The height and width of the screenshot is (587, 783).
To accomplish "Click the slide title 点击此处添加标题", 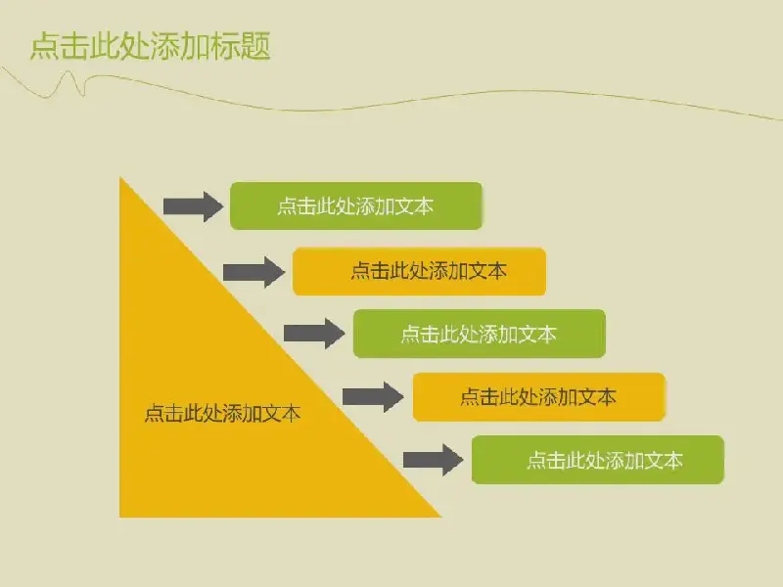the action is point(151,46).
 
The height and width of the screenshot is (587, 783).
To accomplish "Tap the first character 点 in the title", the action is point(44,46).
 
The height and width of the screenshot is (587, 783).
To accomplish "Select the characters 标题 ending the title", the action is point(241,46).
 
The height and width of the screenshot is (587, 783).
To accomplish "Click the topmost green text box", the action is point(356,205).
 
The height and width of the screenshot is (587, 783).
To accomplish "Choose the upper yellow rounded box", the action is point(419,271).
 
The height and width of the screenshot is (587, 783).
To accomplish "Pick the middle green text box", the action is point(480,334).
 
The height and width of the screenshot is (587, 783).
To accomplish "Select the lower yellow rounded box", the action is point(539,397).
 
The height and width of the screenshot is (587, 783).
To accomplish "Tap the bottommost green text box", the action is point(598,460).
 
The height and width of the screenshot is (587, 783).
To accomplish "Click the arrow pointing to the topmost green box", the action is point(193,206).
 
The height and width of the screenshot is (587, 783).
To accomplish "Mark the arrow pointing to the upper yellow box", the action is point(253,272).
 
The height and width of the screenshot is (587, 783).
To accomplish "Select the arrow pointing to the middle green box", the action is point(314,333).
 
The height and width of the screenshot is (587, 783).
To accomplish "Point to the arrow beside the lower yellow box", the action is point(373,397).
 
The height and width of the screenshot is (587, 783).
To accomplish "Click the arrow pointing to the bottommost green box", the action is point(433,460).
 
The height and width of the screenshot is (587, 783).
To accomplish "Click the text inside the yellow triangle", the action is point(223,413).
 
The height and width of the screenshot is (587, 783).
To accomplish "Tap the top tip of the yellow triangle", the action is point(119,178).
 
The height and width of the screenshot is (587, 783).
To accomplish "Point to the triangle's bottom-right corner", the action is point(441,517).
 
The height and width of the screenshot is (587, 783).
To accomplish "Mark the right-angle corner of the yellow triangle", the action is point(119,517).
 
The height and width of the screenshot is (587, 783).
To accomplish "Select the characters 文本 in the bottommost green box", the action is point(664,460).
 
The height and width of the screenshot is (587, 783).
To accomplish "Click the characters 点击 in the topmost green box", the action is point(297,206).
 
